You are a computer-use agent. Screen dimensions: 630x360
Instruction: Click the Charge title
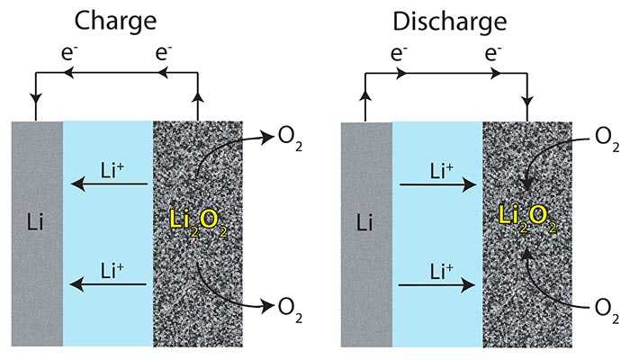pos(115,22)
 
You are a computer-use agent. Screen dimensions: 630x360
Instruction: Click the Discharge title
pos(450,22)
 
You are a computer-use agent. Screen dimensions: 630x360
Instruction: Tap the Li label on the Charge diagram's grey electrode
pos(35,221)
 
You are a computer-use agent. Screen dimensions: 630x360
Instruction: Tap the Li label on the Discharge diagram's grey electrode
pos(364,221)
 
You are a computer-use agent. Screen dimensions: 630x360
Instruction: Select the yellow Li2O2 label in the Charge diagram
pos(199,223)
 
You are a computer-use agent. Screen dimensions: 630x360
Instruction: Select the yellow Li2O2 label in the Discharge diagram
pos(528,219)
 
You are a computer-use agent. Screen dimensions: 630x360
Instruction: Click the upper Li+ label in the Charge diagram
pos(112,170)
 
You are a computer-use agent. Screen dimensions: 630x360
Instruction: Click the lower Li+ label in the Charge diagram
pos(112,270)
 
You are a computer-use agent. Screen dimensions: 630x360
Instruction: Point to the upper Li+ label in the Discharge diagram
pos(442,171)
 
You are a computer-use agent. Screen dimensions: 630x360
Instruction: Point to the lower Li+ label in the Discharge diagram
pos(442,271)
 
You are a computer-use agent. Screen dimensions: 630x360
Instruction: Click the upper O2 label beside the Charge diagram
pos(290,139)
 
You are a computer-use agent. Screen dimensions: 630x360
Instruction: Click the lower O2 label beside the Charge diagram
pos(290,310)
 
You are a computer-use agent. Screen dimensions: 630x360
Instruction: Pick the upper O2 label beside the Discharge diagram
pos(607,139)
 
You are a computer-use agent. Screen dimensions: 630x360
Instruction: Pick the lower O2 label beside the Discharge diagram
pos(607,310)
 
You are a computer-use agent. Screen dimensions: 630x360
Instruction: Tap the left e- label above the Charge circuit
pos(69,52)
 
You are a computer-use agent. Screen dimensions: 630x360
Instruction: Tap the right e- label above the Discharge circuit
pos(492,52)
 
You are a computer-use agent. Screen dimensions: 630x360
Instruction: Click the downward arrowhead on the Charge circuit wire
pos(36,98)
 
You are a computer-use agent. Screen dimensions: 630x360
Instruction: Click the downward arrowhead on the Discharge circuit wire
pos(527,101)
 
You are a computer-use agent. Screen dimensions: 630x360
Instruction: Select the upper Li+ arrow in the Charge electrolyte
pos(109,184)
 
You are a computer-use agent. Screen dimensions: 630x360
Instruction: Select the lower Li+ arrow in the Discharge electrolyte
pos(436,285)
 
